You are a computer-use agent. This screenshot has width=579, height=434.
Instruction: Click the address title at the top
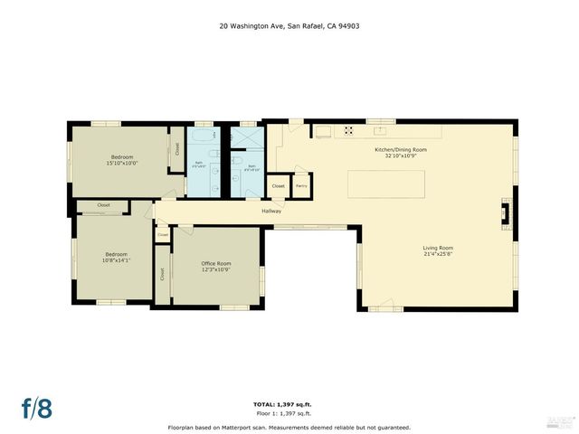[x=289, y=26]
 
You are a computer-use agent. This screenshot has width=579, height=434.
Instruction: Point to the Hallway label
[x=271, y=212]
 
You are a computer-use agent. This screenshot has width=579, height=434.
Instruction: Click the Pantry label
[x=301, y=185]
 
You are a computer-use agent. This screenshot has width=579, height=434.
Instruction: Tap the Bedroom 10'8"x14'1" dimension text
[x=118, y=260]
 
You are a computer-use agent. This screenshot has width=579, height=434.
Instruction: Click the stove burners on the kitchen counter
[x=347, y=132]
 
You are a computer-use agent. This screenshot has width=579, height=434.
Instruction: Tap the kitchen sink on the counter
[x=322, y=132]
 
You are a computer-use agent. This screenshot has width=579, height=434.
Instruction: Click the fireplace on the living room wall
[x=508, y=215]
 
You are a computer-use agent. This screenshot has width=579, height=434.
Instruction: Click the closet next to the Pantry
[x=279, y=185]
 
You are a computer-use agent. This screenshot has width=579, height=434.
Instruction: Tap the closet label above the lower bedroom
[x=103, y=205]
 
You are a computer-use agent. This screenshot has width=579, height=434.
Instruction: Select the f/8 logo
[x=37, y=407]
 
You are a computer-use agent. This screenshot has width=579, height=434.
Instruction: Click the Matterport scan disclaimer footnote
[x=289, y=427]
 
